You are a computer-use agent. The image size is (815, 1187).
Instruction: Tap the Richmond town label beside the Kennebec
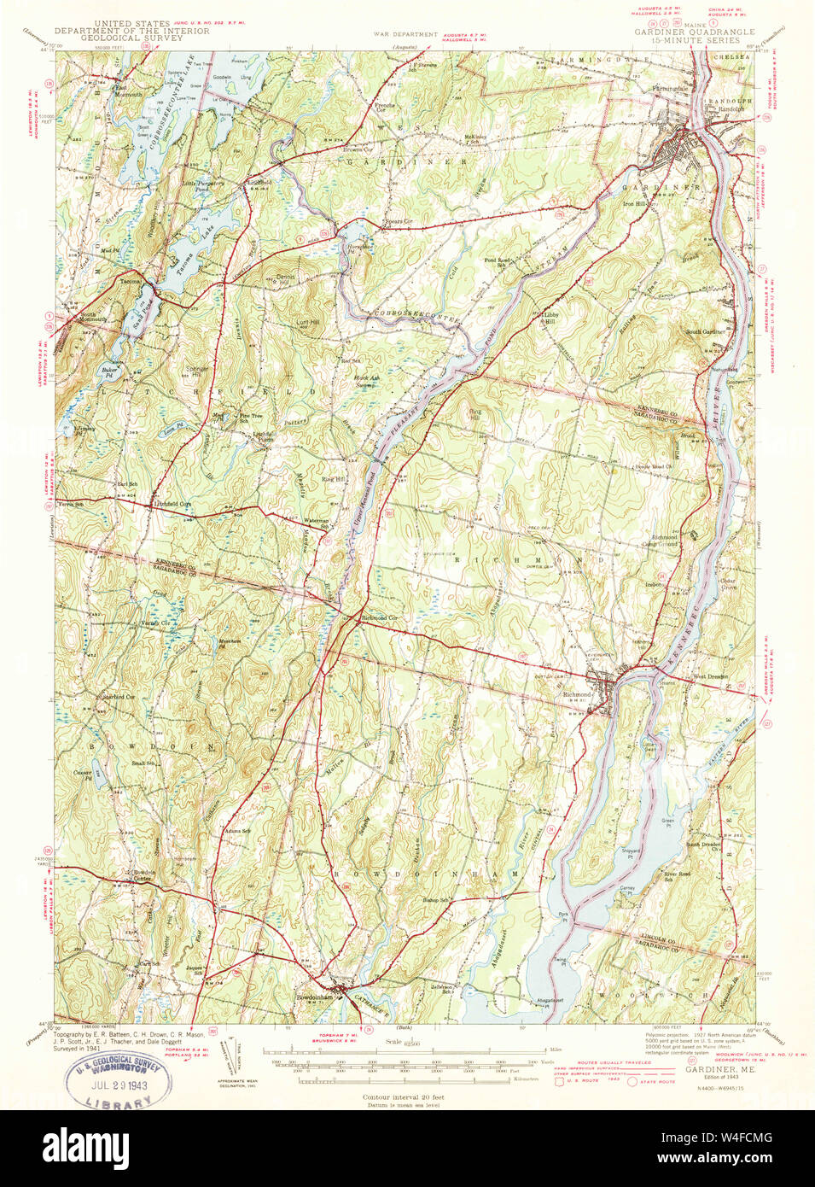pyautogui.click(x=577, y=694)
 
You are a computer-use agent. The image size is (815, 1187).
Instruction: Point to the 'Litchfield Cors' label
pyautogui.click(x=172, y=505)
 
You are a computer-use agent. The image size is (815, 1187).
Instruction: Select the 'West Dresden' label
pyautogui.click(x=710, y=676)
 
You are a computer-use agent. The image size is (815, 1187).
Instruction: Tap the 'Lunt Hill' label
pyautogui.click(x=308, y=323)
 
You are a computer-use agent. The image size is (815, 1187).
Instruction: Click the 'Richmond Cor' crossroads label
pyautogui.click(x=381, y=617)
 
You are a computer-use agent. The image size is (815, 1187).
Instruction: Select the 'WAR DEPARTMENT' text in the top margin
pyautogui.click(x=406, y=35)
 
